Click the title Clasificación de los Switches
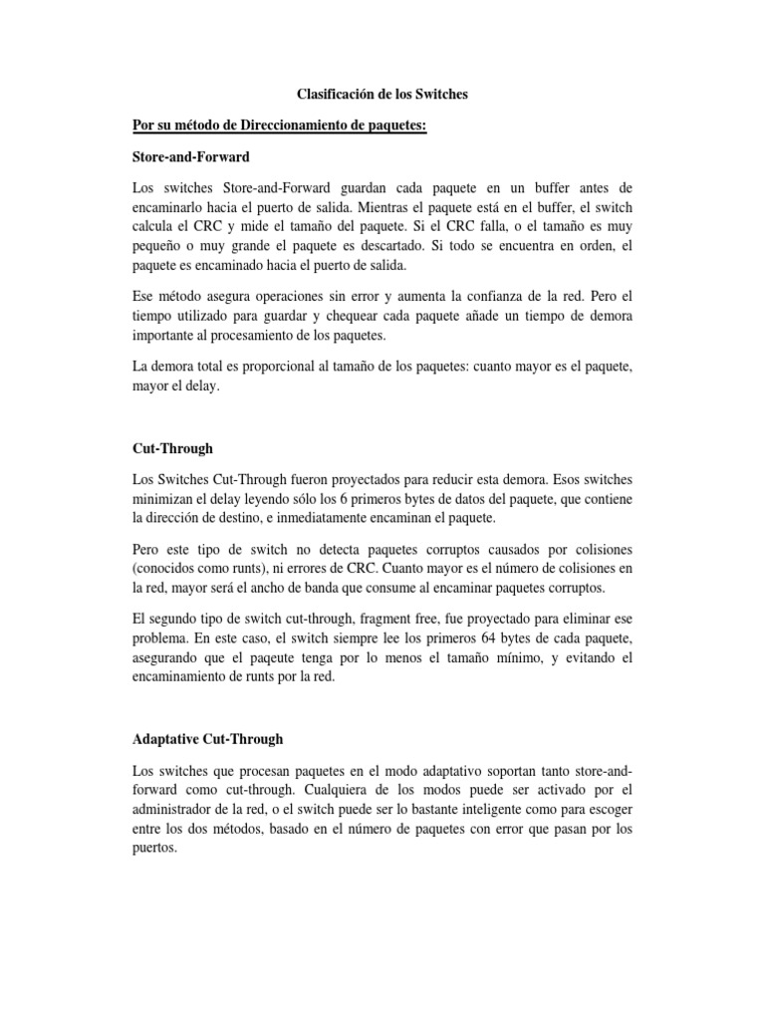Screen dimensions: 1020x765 pos(382,94)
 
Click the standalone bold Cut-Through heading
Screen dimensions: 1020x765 pos(172,449)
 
